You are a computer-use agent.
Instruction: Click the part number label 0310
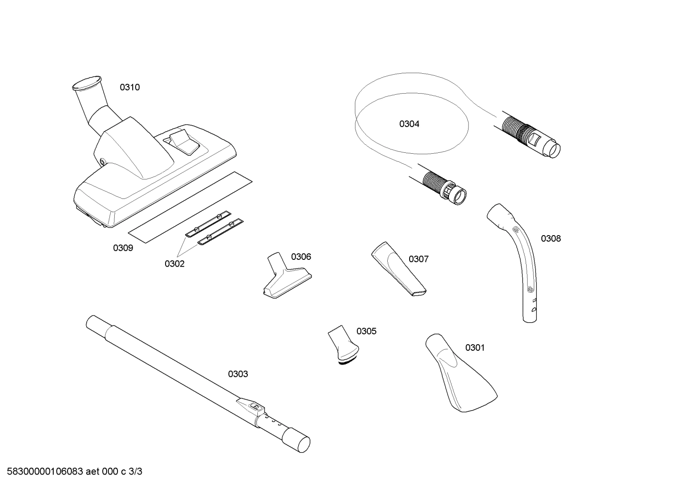coord(129,88)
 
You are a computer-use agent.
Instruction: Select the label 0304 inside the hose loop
coord(409,124)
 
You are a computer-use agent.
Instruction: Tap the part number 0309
coord(123,248)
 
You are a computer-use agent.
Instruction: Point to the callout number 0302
coord(175,264)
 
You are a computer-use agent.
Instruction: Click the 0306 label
coord(301,257)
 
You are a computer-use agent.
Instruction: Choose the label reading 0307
coord(419,259)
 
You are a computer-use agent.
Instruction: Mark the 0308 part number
coord(551,239)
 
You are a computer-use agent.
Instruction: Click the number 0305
coord(366,331)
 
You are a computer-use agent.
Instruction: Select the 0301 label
coord(475,348)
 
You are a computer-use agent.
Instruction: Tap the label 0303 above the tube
coord(238,374)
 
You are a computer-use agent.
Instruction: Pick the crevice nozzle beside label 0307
coord(399,269)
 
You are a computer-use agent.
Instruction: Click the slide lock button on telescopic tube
coord(255,406)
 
